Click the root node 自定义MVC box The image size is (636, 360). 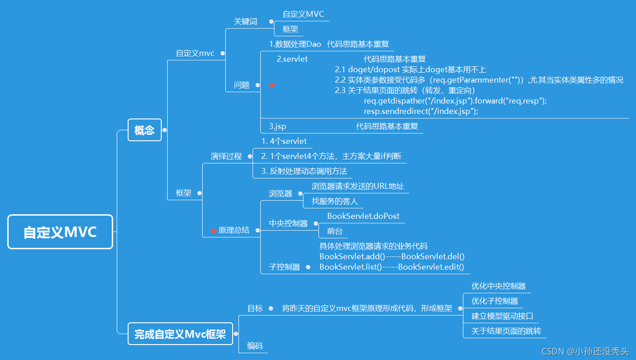tap(60, 232)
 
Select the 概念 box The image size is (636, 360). tap(144, 130)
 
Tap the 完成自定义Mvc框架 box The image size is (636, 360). tap(180, 334)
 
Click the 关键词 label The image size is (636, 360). tap(245, 21)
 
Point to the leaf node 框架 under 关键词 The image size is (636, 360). tap(290, 29)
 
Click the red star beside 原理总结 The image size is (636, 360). tap(214, 231)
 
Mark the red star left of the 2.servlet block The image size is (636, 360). tap(272, 85)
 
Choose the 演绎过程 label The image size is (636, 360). tap(226, 156)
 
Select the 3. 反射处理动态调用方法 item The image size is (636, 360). tap(304, 171)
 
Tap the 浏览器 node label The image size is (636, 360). tap(280, 193)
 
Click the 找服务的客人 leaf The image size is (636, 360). tap(334, 201)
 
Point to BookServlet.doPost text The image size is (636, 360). tap(363, 216)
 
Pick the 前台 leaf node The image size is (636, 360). tap(334, 231)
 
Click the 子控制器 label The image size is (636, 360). tap(284, 267)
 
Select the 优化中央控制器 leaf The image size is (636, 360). tap(498, 286)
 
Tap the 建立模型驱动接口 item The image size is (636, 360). tap(502, 316)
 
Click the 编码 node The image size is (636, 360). tap(254, 345)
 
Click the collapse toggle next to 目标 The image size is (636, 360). tap(271, 308)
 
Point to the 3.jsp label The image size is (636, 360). tap(277, 126)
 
